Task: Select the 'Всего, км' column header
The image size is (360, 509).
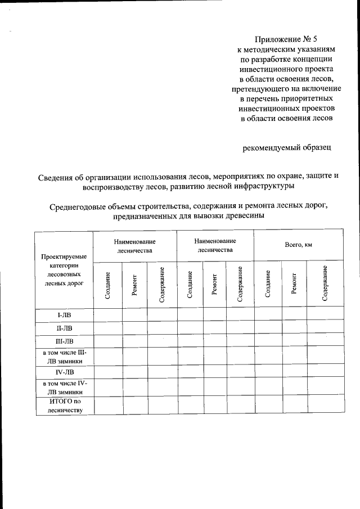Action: (x=298, y=245)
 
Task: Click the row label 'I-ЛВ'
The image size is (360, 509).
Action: (x=64, y=314)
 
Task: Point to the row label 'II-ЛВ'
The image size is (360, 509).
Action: (x=64, y=328)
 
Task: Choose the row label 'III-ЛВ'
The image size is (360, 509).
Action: (x=64, y=341)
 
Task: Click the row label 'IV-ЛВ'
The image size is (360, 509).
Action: (x=64, y=372)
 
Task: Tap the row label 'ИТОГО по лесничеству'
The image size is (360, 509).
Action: (x=64, y=405)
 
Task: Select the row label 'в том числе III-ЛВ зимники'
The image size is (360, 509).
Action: (x=64, y=356)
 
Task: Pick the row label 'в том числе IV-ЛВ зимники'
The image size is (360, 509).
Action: (x=64, y=388)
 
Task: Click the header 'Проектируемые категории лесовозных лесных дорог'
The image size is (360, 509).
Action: (x=64, y=270)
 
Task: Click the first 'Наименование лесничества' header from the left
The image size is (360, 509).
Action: (x=135, y=245)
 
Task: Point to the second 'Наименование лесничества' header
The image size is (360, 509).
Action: (x=215, y=245)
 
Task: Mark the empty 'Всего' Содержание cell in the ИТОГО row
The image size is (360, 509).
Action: (x=325, y=405)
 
